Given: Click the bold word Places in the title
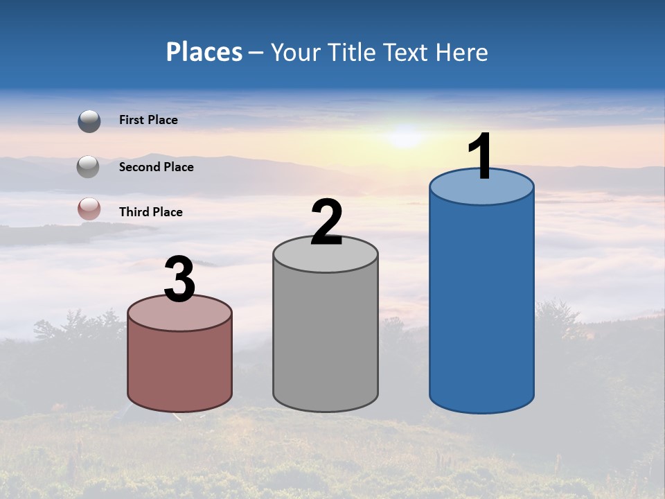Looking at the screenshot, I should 204,52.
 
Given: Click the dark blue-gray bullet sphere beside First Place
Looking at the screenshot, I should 89,121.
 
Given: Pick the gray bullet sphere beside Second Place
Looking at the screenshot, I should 88,167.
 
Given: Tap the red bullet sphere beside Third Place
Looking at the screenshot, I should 89,209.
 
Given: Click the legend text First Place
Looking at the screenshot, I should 148,120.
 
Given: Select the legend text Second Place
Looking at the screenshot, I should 156,167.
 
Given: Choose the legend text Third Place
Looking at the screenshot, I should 150,212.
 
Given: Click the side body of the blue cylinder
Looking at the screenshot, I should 481,305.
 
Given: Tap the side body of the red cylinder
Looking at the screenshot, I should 179,367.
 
